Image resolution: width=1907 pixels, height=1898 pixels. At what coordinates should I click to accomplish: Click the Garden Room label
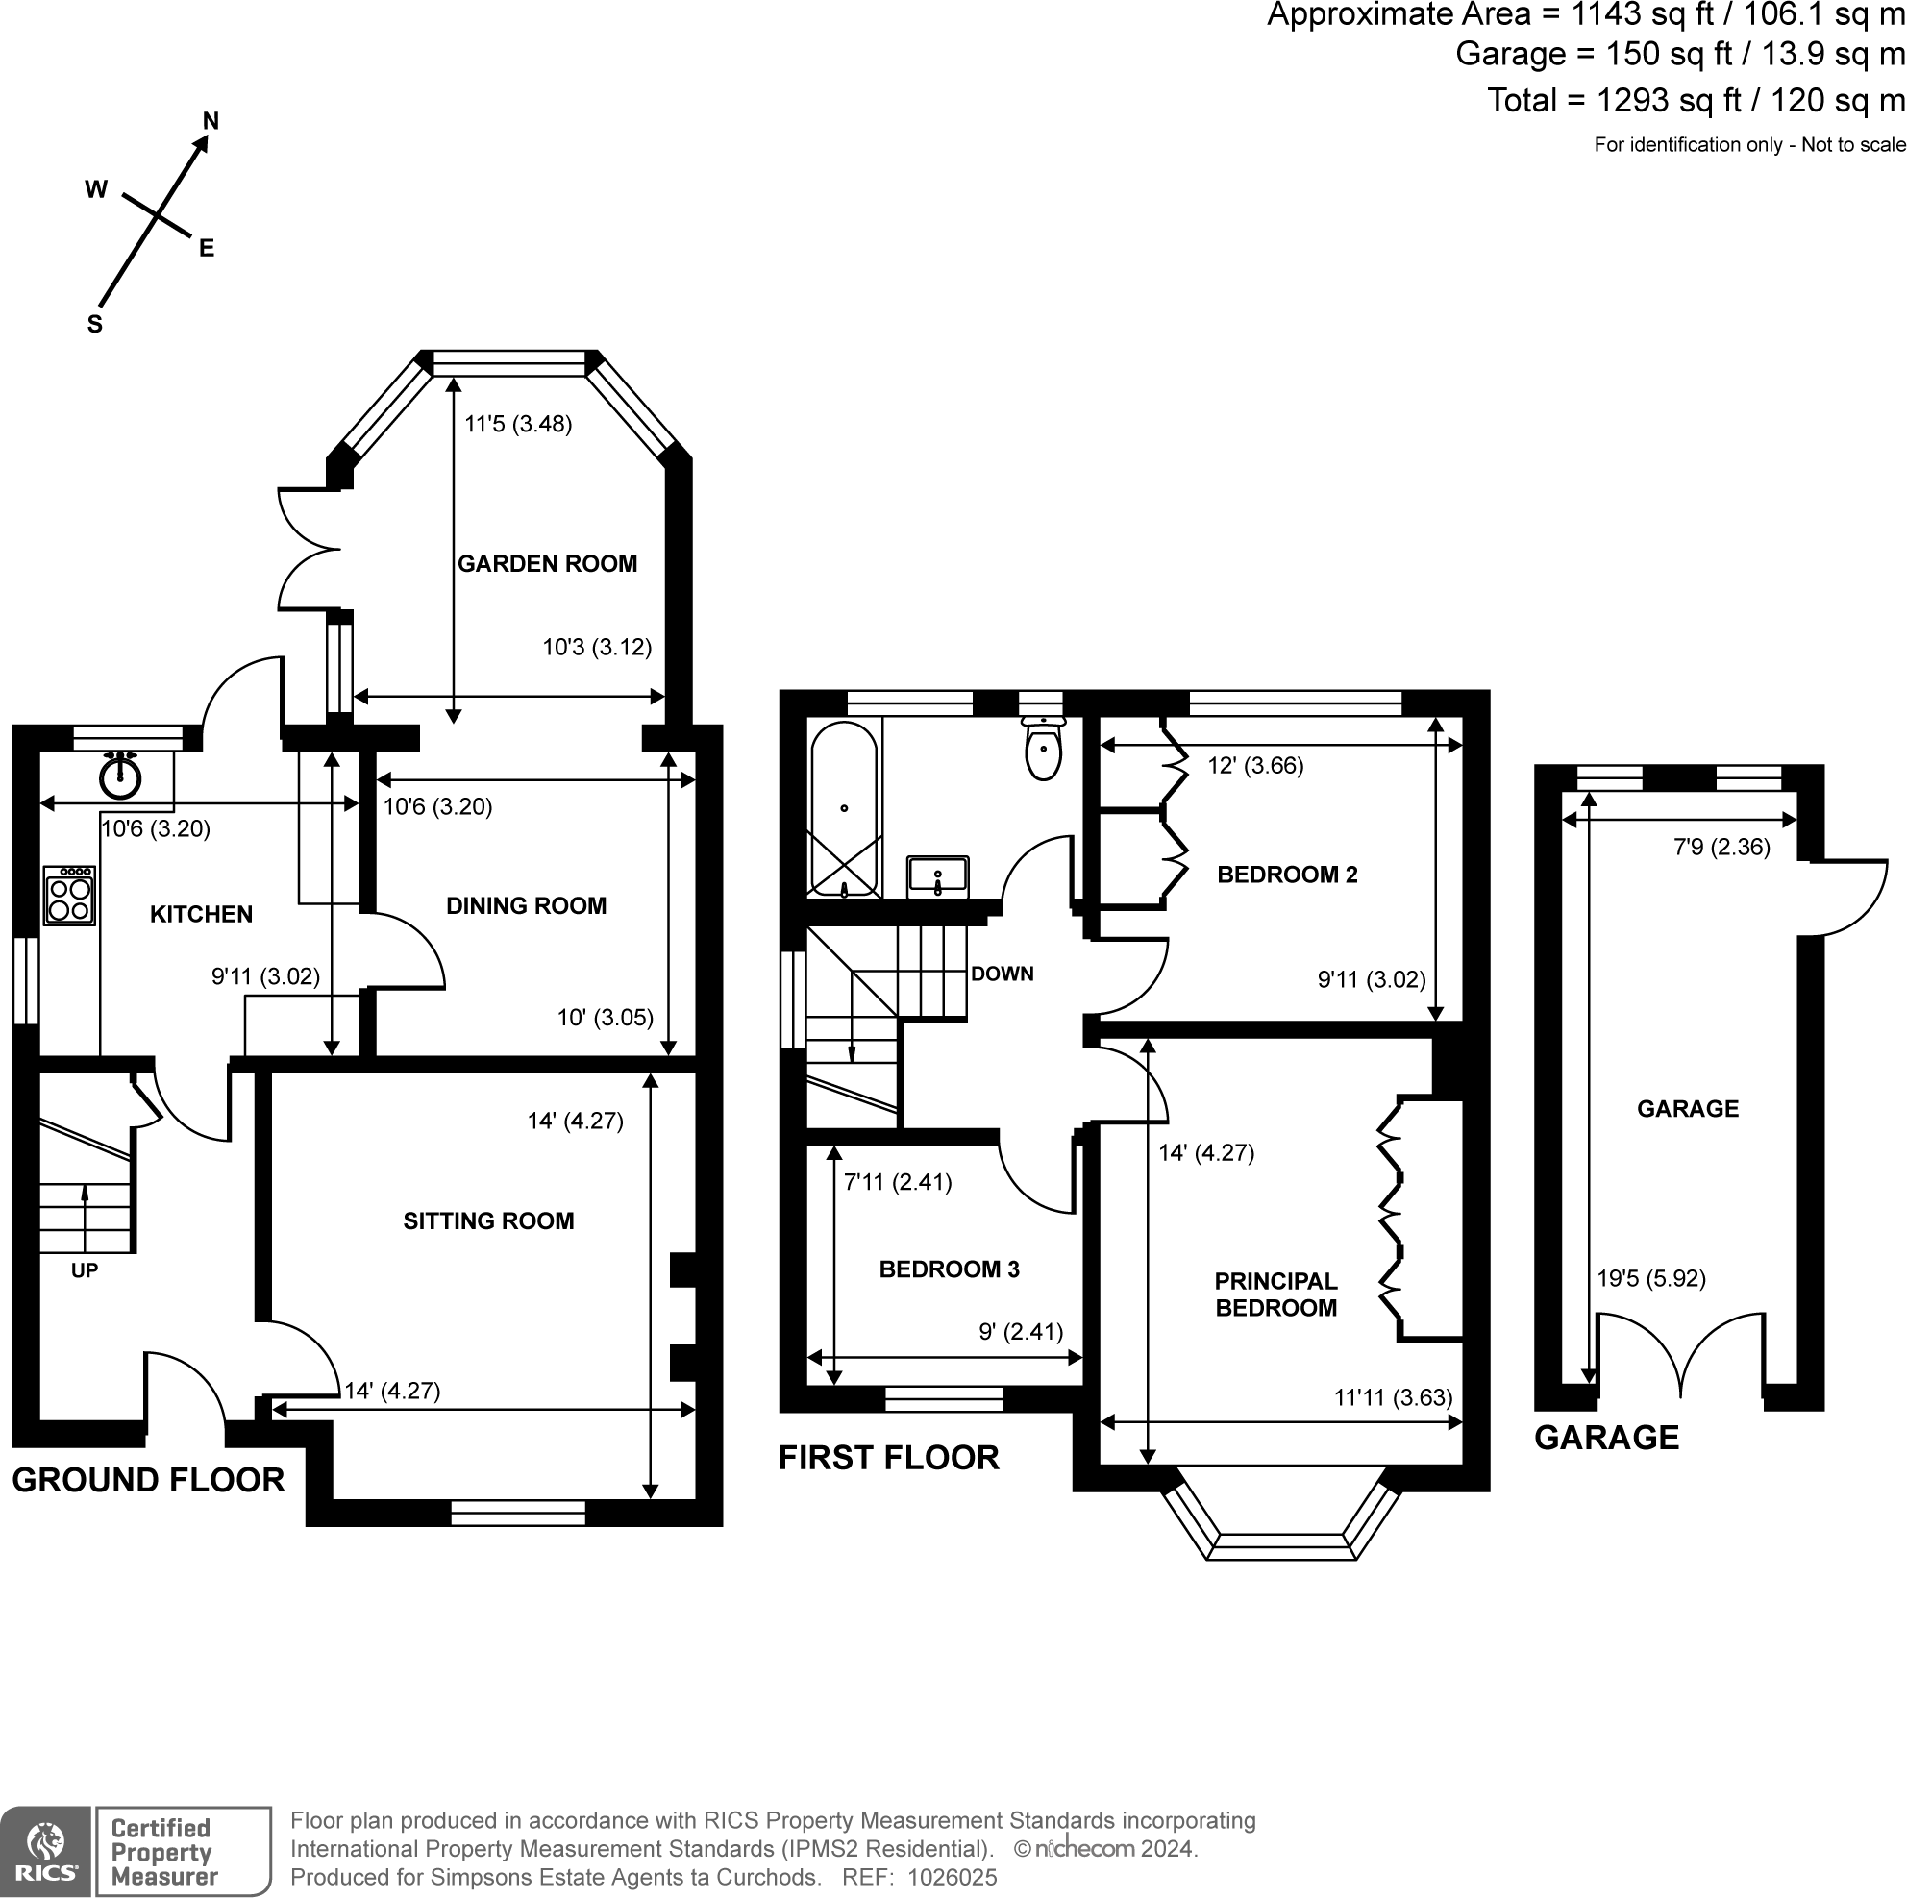(547, 563)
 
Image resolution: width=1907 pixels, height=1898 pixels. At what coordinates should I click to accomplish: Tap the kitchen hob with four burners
(70, 896)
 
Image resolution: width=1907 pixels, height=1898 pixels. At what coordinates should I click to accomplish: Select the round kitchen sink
(120, 776)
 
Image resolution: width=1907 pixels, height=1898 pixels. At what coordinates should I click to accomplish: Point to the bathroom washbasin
(938, 876)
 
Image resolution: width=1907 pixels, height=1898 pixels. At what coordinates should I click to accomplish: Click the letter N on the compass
(211, 121)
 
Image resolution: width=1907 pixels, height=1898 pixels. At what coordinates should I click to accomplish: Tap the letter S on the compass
(95, 325)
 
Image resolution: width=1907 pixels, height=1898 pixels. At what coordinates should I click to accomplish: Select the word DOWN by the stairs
(1002, 974)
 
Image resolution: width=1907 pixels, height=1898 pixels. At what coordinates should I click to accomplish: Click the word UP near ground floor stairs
(85, 1270)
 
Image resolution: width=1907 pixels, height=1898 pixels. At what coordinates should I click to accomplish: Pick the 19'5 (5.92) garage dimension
(1650, 1278)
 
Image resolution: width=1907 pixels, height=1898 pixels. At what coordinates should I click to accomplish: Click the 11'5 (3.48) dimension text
(518, 425)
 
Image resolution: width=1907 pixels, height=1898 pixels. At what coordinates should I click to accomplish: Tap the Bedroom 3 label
(949, 1269)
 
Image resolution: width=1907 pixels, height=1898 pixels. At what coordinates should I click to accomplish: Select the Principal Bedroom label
(1275, 1294)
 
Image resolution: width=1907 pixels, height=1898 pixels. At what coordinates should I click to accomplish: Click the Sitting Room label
(488, 1220)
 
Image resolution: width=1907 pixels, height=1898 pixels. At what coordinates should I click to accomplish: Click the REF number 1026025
(952, 1877)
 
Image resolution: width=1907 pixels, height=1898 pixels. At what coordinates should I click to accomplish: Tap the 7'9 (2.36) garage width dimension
(1721, 847)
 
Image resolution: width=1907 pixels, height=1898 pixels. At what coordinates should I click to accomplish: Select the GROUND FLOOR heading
(148, 1480)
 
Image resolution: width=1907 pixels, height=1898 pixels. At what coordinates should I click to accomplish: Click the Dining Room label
(526, 906)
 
